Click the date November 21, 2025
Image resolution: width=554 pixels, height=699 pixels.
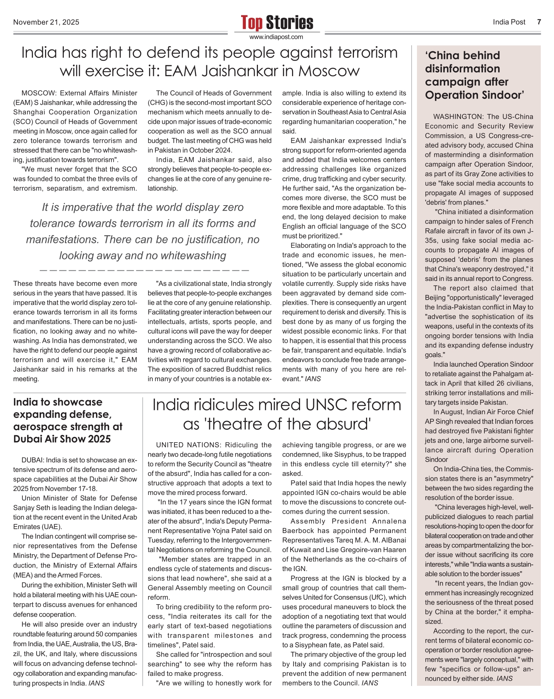point(46,22)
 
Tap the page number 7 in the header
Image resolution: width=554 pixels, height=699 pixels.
point(539,22)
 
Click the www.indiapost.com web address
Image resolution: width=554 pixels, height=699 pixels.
point(276,37)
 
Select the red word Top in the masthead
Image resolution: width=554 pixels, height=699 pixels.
point(252,23)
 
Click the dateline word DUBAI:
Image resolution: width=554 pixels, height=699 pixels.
point(33,460)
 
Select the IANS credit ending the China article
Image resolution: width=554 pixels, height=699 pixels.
point(504,678)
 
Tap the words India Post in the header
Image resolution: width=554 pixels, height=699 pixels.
point(509,22)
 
